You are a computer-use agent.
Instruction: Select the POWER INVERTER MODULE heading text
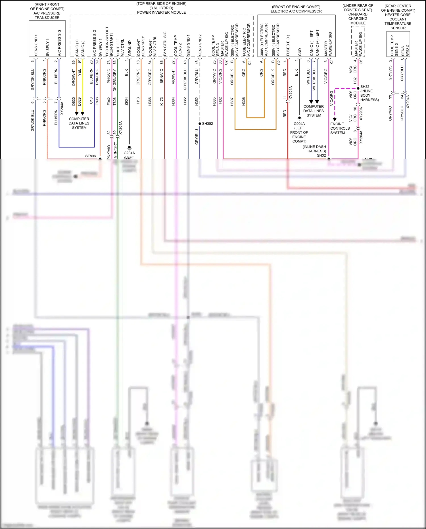161,13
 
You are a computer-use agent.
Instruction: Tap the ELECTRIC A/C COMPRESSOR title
296,11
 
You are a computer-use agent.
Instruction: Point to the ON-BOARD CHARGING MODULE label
358,18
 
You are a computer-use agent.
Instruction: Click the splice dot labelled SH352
200,124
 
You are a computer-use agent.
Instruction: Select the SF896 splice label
91,156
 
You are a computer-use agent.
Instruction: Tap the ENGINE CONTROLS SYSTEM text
340,128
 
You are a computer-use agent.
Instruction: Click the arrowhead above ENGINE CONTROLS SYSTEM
335,119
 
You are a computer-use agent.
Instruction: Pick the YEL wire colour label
80,72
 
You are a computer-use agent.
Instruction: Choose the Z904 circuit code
126,101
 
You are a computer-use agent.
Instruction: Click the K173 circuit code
162,101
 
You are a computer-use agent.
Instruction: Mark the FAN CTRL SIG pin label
165,44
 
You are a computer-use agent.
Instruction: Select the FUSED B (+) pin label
288,45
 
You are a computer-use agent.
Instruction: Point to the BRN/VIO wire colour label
162,76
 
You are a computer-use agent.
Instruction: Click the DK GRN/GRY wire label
115,80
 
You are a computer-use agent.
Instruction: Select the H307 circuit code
232,101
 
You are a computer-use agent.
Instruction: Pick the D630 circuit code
74,101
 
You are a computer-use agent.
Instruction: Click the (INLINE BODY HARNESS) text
369,96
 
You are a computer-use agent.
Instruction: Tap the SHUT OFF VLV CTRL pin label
120,47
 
